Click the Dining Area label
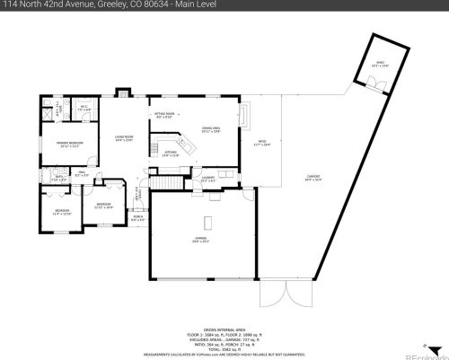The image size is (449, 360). (x=211, y=130)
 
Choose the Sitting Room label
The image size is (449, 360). (x=163, y=116)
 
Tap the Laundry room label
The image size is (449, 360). (x=207, y=179)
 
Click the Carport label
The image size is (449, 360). (x=313, y=178)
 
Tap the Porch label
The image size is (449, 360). (x=138, y=217)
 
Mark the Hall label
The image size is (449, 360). (x=81, y=174)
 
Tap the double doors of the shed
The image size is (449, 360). (x=377, y=84)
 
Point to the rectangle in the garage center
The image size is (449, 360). (x=208, y=222)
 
